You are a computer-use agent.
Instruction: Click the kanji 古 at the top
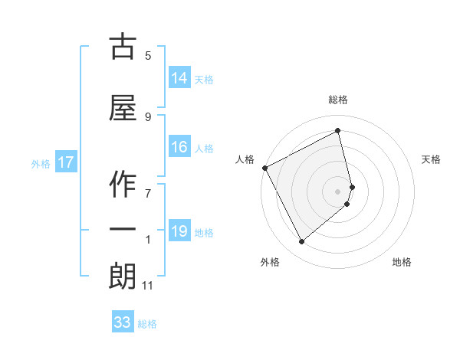123,47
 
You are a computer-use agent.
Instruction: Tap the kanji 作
123,182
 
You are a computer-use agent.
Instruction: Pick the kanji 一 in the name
123,229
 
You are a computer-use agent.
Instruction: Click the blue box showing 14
179,77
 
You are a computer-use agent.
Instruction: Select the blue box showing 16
179,147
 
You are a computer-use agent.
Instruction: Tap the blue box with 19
179,231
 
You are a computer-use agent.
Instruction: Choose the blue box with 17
66,162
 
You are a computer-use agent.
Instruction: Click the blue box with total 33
123,322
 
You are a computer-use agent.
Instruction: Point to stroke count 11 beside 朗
148,286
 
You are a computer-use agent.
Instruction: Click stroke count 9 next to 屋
148,116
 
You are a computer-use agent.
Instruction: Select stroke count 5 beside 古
148,55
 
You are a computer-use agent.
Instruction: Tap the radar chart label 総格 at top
338,100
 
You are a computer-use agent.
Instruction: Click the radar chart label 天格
431,159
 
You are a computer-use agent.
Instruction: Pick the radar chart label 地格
402,262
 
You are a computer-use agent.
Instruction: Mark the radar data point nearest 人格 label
265,168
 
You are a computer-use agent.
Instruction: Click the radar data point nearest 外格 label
301,242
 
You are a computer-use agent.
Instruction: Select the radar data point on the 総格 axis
338,130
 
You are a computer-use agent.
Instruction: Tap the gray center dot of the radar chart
338,191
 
